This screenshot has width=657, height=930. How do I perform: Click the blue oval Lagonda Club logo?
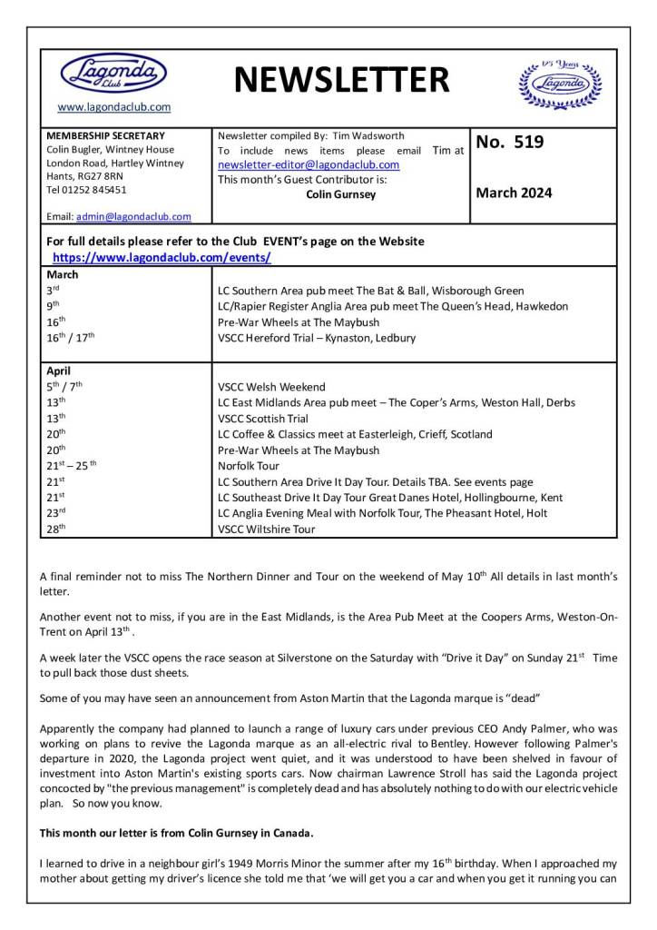pos(113,73)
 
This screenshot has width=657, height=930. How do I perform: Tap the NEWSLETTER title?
pos(341,81)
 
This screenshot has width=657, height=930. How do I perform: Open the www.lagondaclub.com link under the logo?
pos(114,107)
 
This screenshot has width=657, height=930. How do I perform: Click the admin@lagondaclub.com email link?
pos(133,217)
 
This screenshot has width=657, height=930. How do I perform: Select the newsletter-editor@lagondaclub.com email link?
pos(309,164)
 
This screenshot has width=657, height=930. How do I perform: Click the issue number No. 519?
pos(509,142)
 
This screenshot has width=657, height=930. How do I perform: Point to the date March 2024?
pos(514,193)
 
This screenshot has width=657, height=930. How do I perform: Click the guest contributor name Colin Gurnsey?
pos(340,194)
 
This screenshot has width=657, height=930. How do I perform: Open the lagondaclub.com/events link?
pos(162,257)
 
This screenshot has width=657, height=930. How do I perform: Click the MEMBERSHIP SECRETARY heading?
pos(105,135)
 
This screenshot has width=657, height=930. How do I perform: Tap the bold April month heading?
pos(60,371)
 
